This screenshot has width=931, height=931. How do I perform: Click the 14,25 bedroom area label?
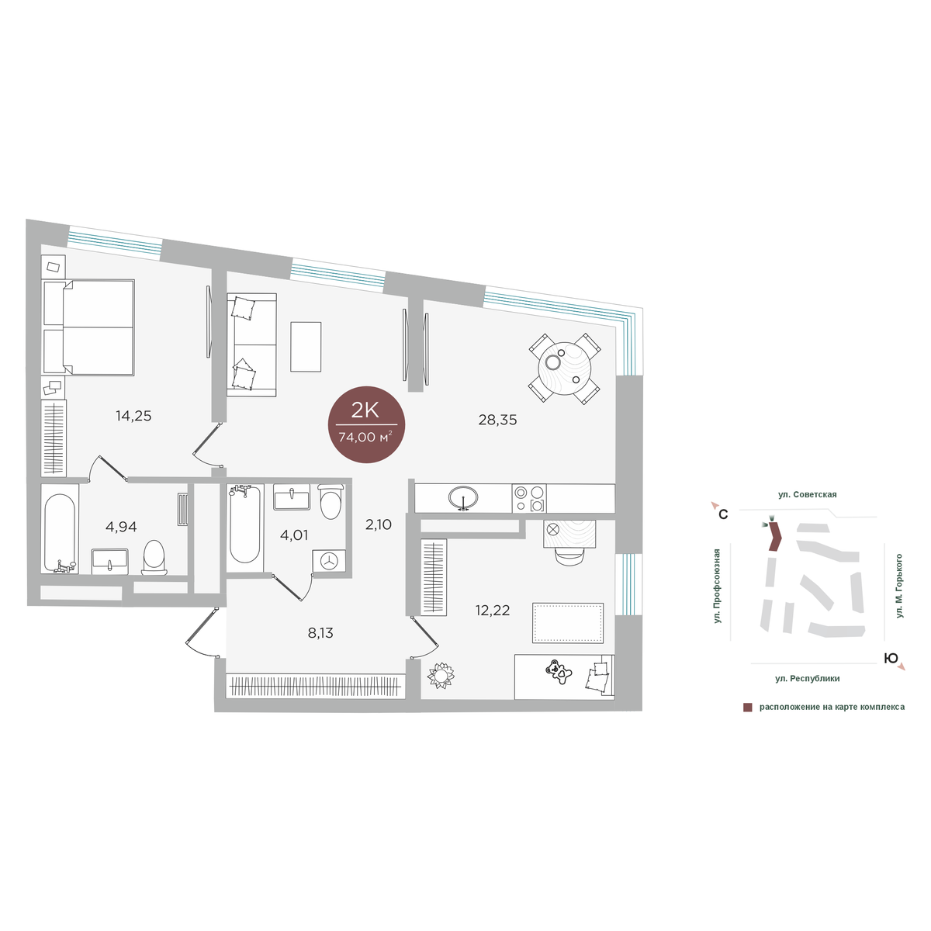click(133, 416)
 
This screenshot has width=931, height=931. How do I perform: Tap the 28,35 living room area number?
click(497, 420)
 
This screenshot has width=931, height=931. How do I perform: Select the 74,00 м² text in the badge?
click(365, 438)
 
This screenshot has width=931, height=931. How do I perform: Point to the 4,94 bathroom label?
click(121, 527)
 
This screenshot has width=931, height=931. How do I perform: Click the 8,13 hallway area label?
click(320, 633)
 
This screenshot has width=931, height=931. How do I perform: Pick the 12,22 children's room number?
click(493, 611)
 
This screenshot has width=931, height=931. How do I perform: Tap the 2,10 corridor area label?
click(379, 524)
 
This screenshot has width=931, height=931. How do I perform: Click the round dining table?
click(564, 369)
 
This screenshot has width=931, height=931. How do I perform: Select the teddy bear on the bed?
click(558, 672)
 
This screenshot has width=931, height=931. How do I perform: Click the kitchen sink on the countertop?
click(463, 497)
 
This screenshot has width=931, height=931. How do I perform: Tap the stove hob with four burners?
click(529, 498)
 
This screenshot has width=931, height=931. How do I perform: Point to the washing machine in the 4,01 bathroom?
click(328, 560)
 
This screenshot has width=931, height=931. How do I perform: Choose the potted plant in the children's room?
click(441, 675)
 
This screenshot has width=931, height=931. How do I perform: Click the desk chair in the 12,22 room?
click(570, 555)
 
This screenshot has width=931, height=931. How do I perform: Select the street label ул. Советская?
click(807, 495)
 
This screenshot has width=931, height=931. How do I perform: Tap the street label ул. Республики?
click(808, 678)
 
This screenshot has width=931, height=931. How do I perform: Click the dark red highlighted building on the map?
click(775, 536)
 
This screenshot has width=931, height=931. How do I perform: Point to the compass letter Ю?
click(891, 658)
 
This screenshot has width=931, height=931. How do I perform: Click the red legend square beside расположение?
click(747, 708)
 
